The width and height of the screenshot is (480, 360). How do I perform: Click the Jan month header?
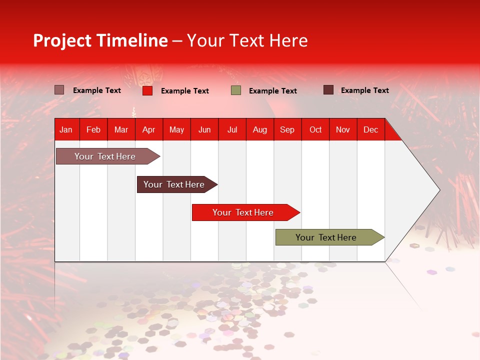(66, 130)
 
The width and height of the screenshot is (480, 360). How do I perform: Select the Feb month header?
(93, 130)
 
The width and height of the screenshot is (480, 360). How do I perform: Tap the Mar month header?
(121, 130)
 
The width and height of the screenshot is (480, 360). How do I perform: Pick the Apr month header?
(149, 130)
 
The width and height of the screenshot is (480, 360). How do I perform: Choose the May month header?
(176, 130)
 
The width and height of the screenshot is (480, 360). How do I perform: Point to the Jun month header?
(204, 130)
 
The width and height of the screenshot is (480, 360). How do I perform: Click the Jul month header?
(232, 130)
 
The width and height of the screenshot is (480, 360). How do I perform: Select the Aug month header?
(260, 130)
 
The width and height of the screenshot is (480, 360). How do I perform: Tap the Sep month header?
(287, 130)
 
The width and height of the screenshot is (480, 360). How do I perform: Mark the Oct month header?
(315, 130)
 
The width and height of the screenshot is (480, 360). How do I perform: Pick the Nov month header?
(343, 130)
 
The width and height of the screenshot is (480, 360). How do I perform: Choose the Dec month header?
(371, 130)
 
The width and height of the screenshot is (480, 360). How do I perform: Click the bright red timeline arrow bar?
(243, 212)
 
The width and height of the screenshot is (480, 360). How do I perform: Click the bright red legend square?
(147, 90)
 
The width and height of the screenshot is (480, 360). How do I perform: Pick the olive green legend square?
(236, 90)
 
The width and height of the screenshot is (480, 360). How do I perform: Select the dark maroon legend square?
(328, 90)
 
